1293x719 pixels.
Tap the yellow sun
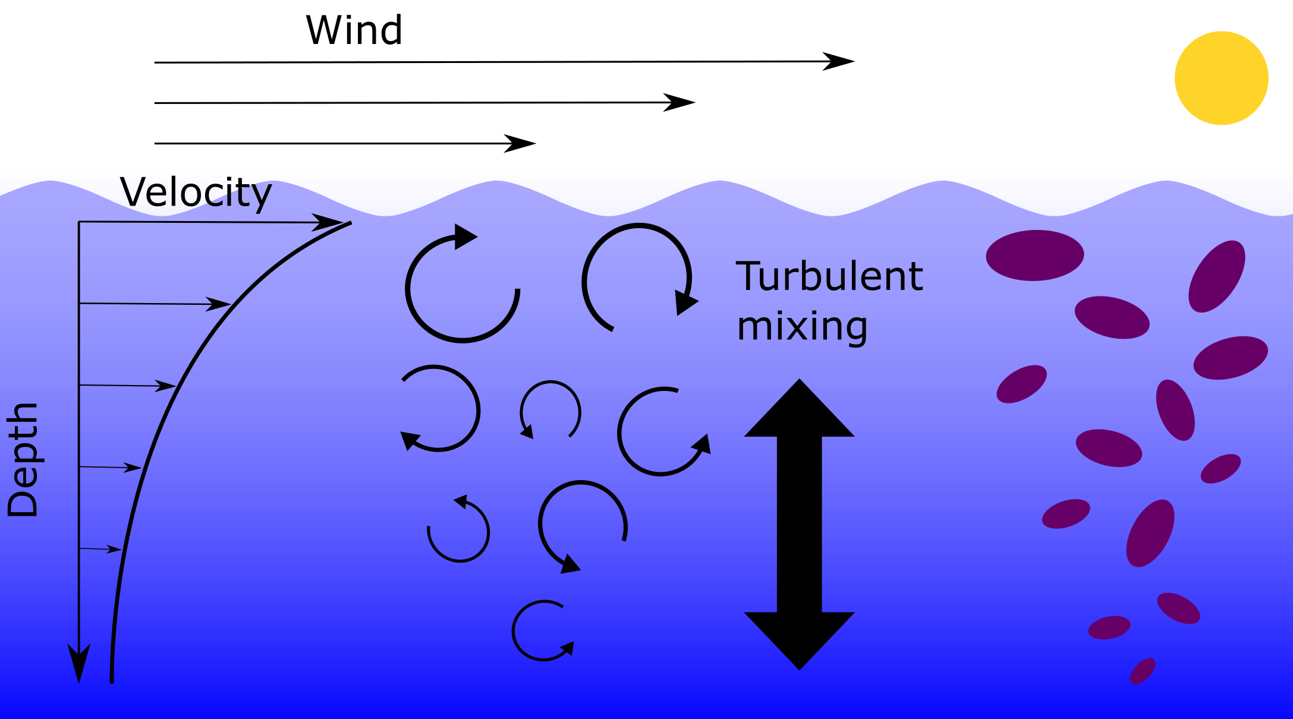1222,78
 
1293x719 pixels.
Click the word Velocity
196,193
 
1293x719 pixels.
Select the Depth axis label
23,460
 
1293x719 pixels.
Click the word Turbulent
829,276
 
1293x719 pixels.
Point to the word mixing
802,327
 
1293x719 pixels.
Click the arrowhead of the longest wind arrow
838,61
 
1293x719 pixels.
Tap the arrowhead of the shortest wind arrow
520,143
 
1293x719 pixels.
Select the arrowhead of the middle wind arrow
679,102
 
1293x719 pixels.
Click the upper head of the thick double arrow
800,408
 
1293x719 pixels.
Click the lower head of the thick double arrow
800,641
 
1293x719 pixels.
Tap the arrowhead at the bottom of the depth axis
79,663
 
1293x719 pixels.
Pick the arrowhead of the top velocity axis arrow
328,222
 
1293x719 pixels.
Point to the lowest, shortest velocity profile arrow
100,549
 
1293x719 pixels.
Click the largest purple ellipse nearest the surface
1035,256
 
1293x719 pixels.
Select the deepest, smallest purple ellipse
1143,671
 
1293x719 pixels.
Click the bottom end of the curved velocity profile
112,682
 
